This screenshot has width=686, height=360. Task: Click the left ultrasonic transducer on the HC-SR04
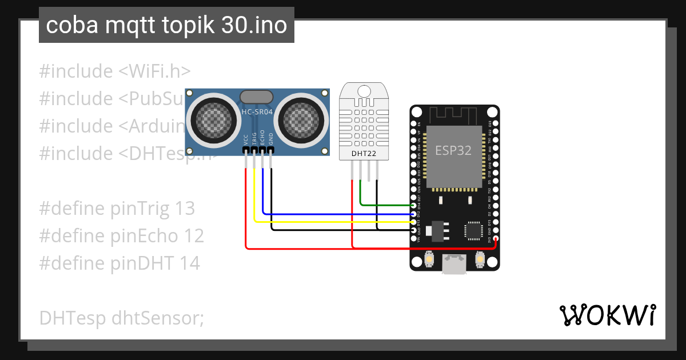point(212,119)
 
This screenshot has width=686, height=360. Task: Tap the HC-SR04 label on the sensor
point(256,112)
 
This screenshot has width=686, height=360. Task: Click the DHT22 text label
point(364,153)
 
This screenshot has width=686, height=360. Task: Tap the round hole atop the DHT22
point(364,90)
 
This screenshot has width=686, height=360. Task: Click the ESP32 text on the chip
point(453,150)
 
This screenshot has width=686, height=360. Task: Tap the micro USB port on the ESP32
point(454,264)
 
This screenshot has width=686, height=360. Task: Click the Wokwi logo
point(607,315)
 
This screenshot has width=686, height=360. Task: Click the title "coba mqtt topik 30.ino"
point(166,26)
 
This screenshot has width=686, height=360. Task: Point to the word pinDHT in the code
point(139,263)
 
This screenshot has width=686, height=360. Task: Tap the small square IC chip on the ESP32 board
point(474,230)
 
